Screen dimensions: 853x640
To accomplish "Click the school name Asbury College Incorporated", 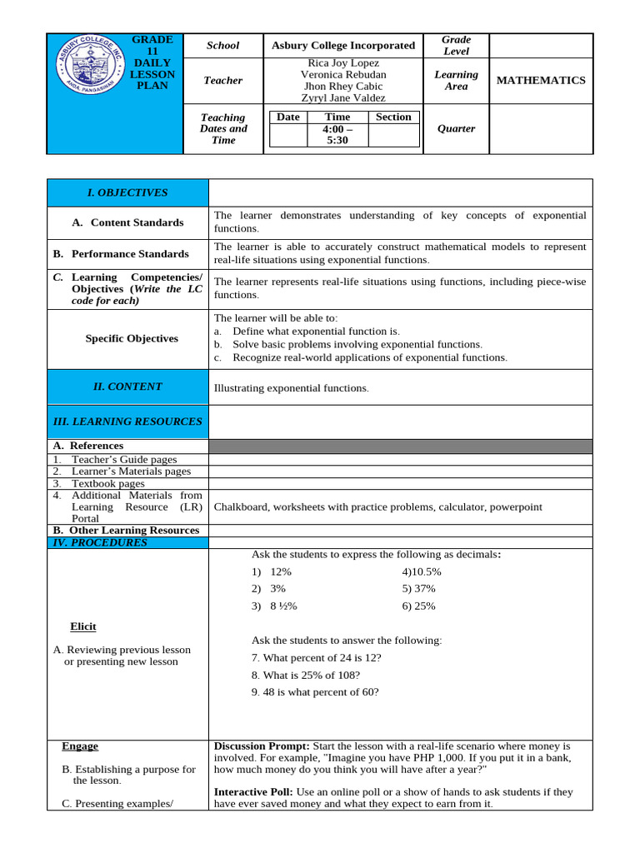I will [342, 46].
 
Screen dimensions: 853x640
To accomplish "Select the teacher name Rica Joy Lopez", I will [342, 63].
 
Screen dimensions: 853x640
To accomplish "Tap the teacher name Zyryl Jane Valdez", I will [342, 98].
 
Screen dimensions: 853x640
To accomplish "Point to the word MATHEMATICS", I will [541, 81].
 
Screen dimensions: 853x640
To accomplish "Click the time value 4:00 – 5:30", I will [337, 136].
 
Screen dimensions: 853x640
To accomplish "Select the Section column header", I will [393, 117].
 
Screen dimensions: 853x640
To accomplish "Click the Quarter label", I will [456, 129].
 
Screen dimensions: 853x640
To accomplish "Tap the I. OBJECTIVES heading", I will [127, 193].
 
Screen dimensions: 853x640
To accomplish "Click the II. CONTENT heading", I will [127, 387].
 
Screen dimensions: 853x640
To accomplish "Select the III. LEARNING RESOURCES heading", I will [127, 422].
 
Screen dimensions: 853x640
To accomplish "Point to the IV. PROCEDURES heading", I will [100, 543].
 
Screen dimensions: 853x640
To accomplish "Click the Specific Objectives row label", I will [132, 339].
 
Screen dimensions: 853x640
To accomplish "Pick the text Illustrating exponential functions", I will [291, 388].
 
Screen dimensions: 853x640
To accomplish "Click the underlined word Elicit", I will [82, 627].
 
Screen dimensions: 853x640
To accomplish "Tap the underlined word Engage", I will [80, 746].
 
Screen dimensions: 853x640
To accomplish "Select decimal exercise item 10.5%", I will [422, 572].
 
